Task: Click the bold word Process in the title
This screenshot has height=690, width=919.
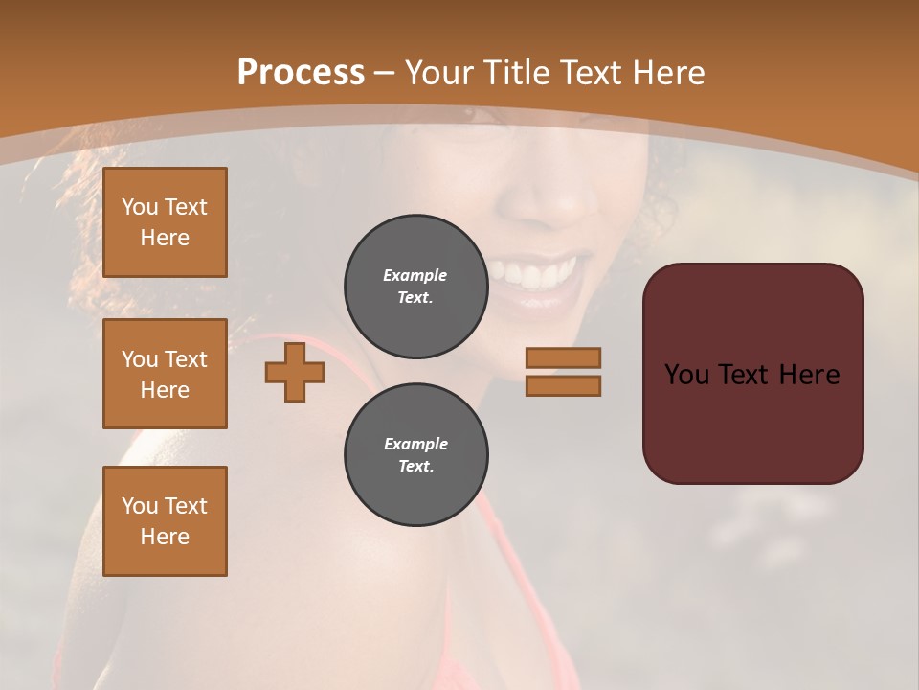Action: pos(301,72)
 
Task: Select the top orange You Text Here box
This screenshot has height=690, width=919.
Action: pos(165,222)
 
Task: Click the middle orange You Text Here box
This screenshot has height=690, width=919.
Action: pos(165,374)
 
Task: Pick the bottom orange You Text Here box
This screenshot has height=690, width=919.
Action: pos(165,521)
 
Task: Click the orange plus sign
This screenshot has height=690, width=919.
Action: pos(295,372)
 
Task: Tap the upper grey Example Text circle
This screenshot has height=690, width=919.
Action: pos(415,286)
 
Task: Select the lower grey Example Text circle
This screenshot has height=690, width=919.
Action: pos(415,454)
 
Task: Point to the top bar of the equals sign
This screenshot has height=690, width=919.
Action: pos(563,357)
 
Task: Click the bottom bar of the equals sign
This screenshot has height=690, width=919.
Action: pos(563,386)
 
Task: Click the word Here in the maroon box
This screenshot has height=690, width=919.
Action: pos(809,375)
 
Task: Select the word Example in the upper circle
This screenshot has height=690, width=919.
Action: pos(415,275)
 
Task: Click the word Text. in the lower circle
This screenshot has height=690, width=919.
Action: pos(415,466)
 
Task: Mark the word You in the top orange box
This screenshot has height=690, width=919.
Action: pos(140,207)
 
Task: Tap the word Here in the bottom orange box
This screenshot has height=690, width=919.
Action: pos(165,537)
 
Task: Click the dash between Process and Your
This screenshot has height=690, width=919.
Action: pos(385,72)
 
